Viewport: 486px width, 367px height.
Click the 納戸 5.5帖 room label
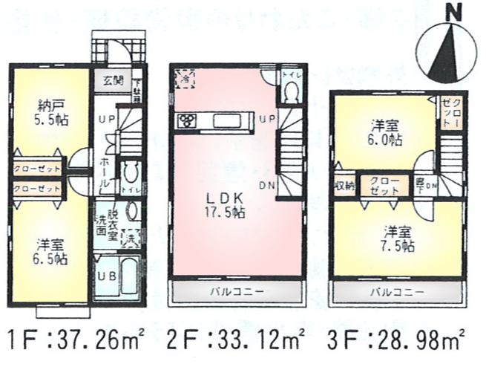pos(50,111)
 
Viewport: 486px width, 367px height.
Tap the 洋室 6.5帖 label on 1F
pos(50,252)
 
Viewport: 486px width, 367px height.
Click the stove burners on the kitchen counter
pos(185,120)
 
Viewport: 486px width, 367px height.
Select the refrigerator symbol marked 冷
pos(184,78)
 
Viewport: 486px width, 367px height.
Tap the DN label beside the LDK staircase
pos(265,186)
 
